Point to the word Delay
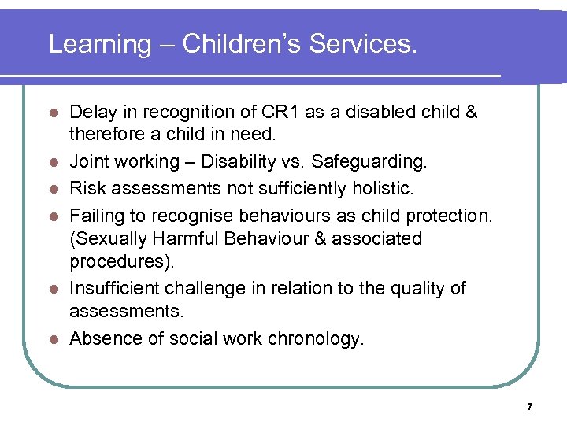pos(92,112)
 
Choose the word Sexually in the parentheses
pos(104,238)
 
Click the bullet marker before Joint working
pos(53,163)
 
